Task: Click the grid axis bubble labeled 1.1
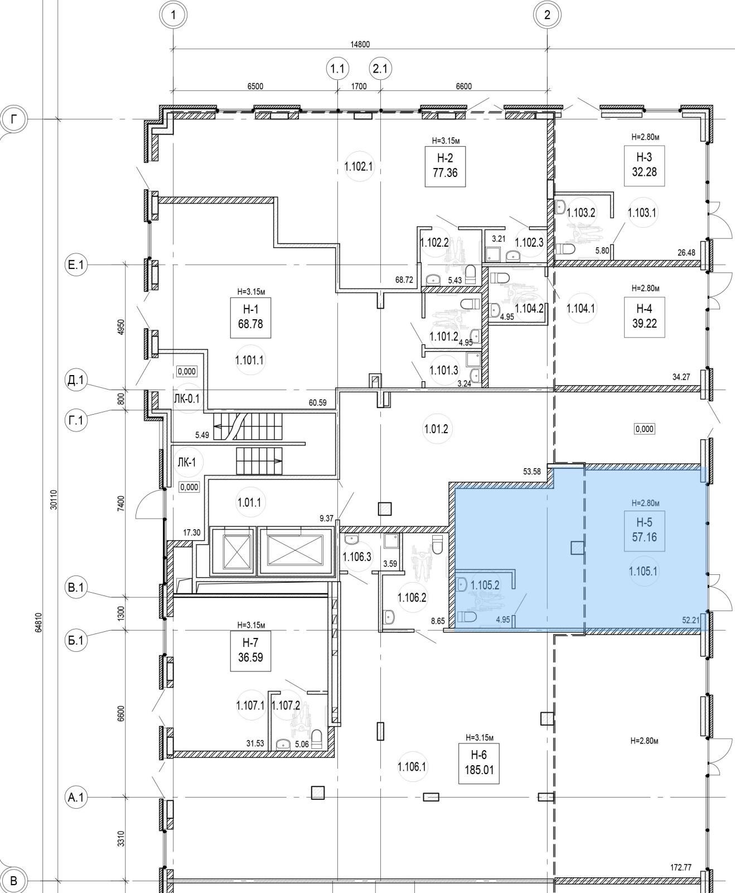[x=337, y=69]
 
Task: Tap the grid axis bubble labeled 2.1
[x=380, y=69]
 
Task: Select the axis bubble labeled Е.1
[x=76, y=266]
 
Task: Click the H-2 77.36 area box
[x=444, y=166]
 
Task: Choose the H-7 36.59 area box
[x=250, y=651]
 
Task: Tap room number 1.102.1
[x=358, y=166]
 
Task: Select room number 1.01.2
[x=436, y=429]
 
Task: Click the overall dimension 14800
[x=360, y=45]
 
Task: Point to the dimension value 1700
[x=359, y=87]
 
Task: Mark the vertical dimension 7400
[x=122, y=503]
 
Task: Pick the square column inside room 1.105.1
[x=577, y=548]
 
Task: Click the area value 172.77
[x=680, y=867]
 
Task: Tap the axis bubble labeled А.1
[x=76, y=798]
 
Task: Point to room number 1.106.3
[x=357, y=556]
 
